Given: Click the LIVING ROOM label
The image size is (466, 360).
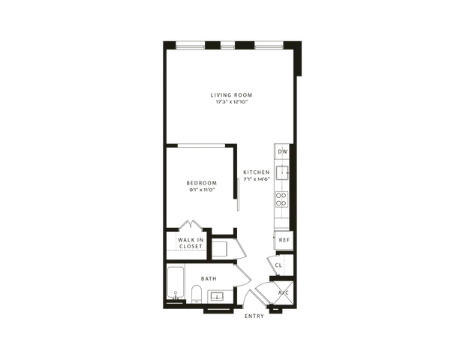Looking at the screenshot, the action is (x=231, y=95).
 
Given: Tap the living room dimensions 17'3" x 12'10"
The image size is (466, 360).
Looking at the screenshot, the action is (x=232, y=102).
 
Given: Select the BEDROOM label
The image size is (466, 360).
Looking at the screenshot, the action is (x=202, y=183).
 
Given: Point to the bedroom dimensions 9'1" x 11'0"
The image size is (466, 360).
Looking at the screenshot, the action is (x=202, y=190).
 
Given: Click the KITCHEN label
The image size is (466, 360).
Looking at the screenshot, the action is (x=257, y=172).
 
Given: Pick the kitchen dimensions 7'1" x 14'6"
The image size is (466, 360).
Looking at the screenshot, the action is (x=257, y=179).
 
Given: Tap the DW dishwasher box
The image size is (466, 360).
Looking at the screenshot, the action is (x=282, y=151).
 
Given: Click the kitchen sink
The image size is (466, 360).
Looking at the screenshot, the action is (x=282, y=172).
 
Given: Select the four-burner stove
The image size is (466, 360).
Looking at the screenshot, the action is (x=281, y=199).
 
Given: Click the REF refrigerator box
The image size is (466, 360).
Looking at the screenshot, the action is (x=284, y=240).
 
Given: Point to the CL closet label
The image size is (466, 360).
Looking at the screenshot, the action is (x=278, y=265).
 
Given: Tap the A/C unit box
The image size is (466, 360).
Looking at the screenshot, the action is (x=283, y=292).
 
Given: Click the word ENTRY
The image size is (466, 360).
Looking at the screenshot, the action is (x=254, y=316).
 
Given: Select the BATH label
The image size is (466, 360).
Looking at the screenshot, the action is (x=209, y=278).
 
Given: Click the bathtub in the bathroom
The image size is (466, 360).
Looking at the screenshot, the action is (x=176, y=283).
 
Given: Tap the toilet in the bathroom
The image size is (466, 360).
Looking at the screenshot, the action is (x=197, y=294).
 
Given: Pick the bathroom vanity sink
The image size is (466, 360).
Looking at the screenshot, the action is (x=217, y=296).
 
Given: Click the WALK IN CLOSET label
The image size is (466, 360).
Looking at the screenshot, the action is (x=191, y=243).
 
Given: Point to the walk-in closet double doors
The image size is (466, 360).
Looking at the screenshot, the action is (x=191, y=224).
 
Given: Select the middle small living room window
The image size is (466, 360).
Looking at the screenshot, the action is (x=227, y=46).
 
